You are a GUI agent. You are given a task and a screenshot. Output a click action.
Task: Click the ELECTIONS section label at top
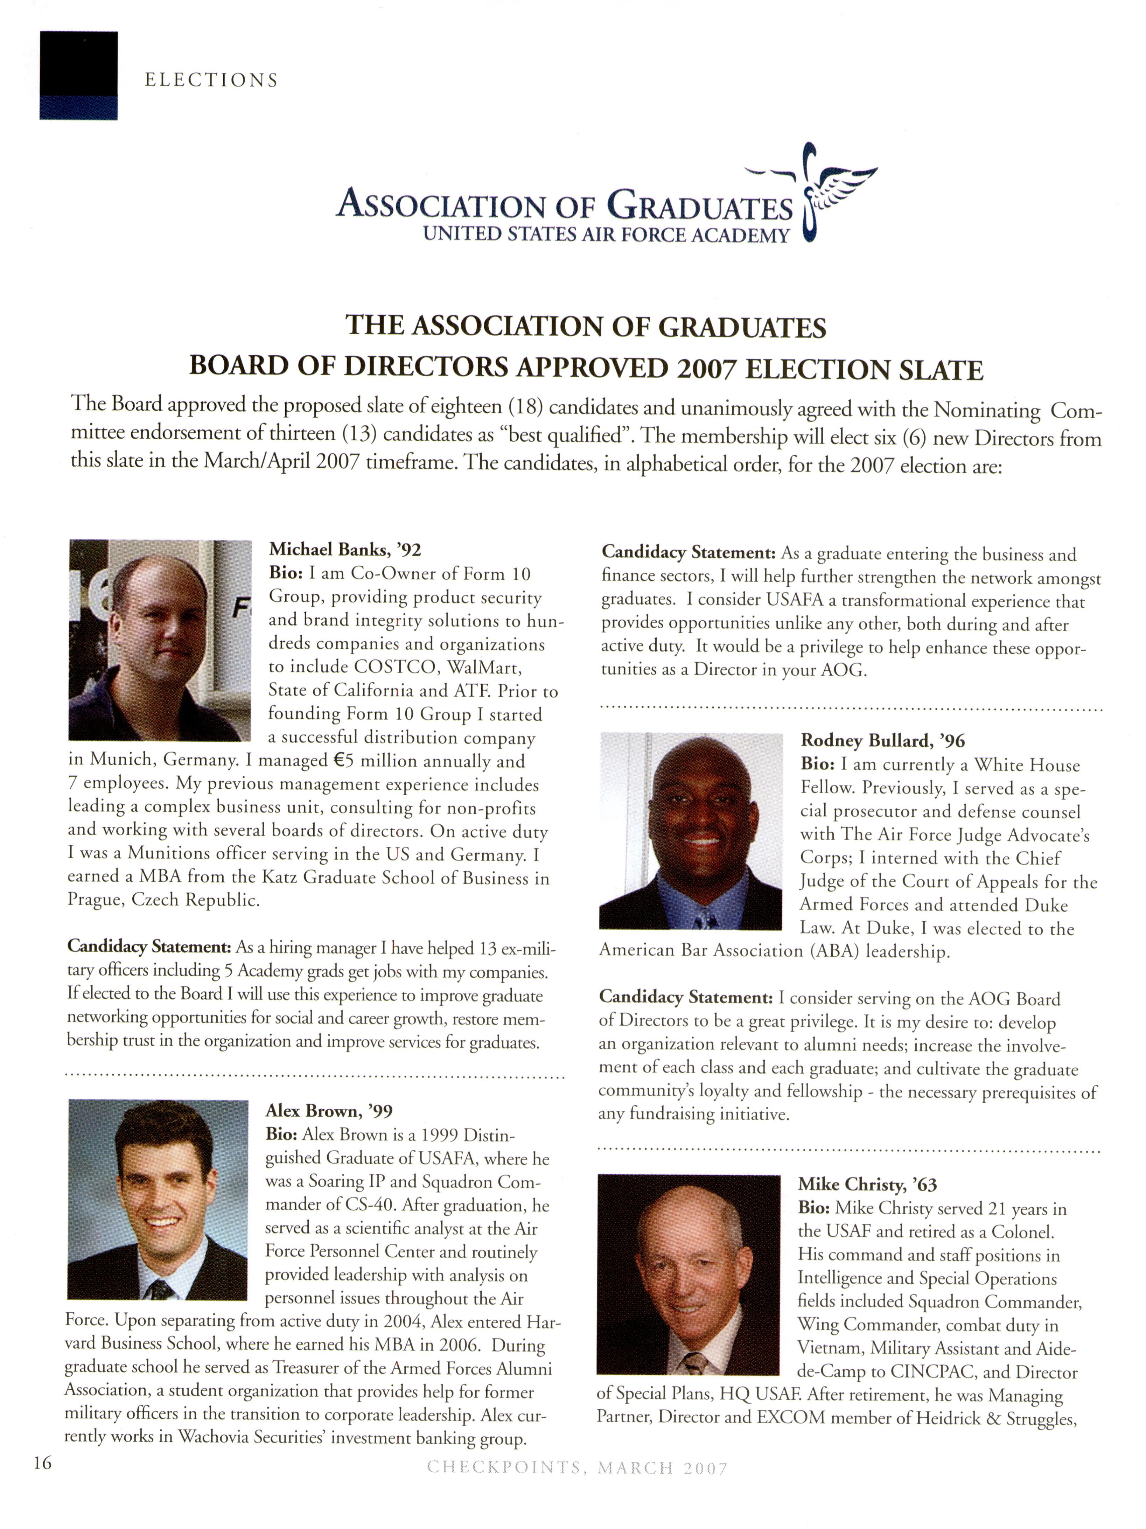pos(211,80)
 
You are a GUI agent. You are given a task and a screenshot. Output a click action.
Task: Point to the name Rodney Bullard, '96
pos(882,741)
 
